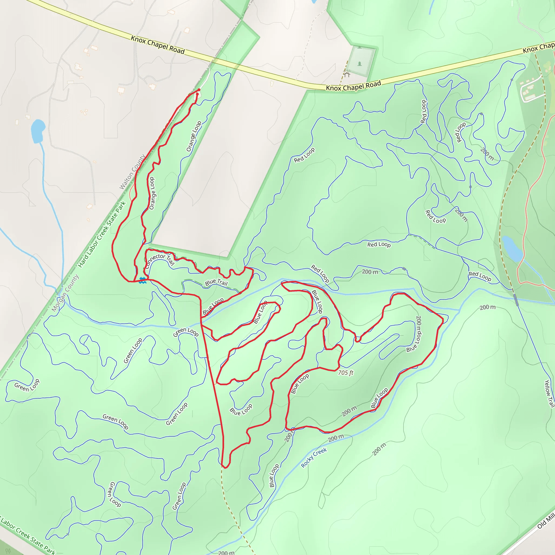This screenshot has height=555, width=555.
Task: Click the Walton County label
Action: pos(132,172)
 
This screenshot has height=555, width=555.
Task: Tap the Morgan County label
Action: pos(65,293)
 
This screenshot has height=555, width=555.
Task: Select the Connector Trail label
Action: pos(160,260)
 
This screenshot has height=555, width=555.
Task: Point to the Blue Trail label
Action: pos(216,282)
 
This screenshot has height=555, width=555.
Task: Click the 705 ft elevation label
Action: pos(346,373)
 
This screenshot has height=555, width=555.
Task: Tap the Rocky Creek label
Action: pos(314,458)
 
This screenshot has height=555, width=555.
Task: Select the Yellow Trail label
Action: pos(549,393)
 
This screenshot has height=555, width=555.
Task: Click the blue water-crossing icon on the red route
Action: pos(143,281)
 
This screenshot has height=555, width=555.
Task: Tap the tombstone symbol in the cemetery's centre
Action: pos(360,63)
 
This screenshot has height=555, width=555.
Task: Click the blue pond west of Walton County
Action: pos(38,131)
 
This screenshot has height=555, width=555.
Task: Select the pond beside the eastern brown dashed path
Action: pos(512,249)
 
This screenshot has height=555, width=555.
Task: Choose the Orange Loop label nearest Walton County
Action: pos(152,193)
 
